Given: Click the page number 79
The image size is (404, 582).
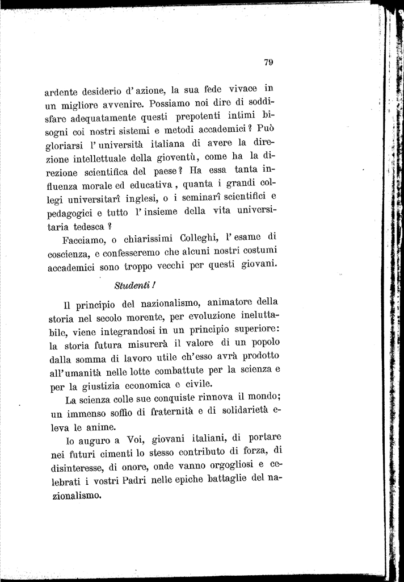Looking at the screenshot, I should pos(269,63).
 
